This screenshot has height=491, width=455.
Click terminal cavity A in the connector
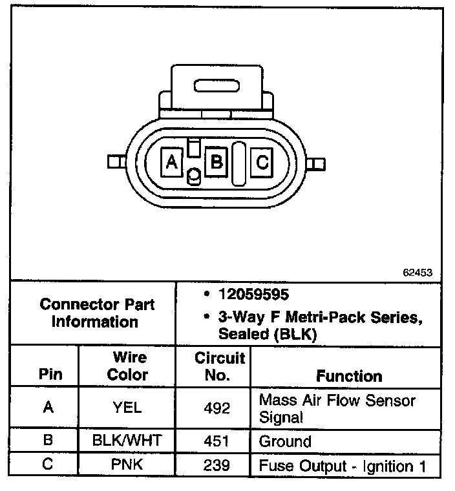(x=172, y=162)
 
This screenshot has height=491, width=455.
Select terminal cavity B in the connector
(x=217, y=162)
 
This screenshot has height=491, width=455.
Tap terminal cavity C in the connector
(x=262, y=162)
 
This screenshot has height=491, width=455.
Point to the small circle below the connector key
(x=193, y=175)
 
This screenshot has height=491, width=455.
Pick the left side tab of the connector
(x=117, y=162)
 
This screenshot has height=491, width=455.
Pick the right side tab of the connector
(x=315, y=163)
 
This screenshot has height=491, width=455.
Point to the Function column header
(x=349, y=376)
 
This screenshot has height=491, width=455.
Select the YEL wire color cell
(x=127, y=408)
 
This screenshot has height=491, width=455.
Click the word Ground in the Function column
(x=285, y=443)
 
